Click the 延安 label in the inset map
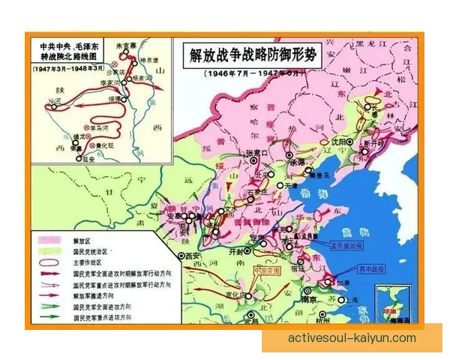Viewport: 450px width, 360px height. click(88, 159)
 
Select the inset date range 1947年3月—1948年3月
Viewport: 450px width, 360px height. click(64, 68)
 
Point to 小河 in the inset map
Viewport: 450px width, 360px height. click(53, 101)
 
